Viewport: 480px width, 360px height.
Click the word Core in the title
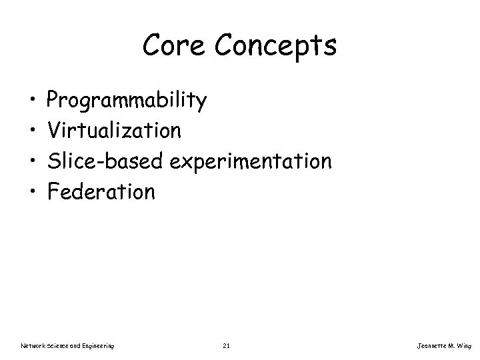172,46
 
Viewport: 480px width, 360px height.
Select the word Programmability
127,101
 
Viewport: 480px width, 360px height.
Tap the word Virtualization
113,131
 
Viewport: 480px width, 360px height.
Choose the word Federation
101,192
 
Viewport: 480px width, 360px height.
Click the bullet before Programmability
33,102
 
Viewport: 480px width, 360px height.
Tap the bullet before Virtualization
33,132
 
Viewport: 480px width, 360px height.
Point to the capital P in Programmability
53,101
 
